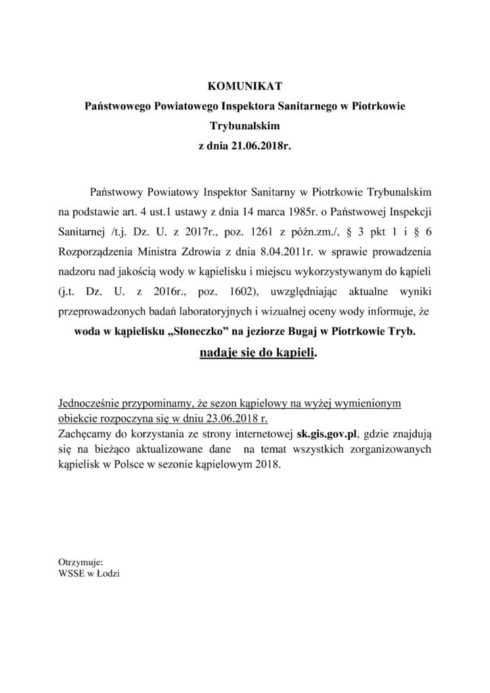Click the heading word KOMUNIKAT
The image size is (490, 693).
(244, 86)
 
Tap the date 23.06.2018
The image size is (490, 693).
(230, 417)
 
